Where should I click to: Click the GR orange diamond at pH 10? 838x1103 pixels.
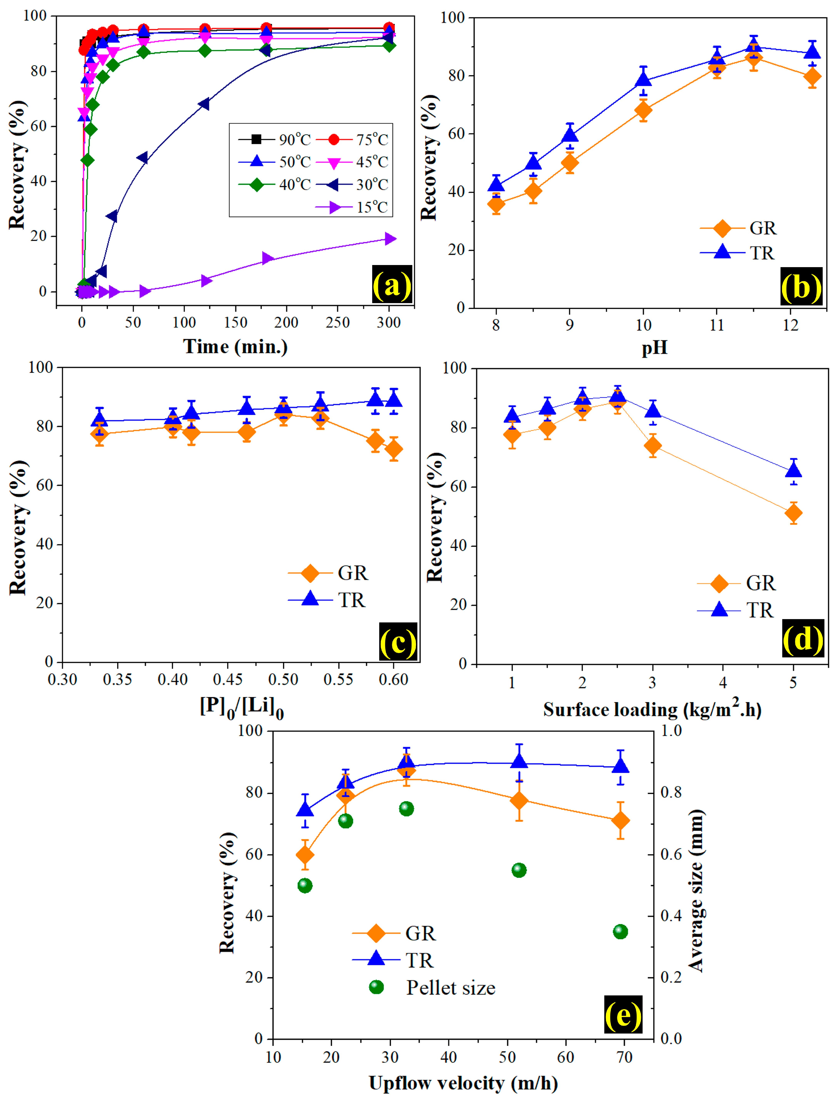tap(643, 110)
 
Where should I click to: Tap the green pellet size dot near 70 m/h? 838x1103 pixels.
tap(620, 931)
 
